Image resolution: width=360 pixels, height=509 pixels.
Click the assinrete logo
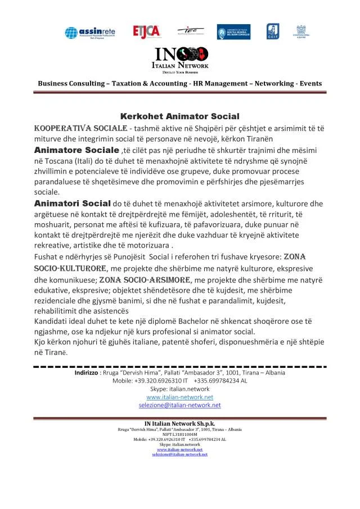[89, 31]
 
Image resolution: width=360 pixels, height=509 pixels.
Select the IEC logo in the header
[187, 30]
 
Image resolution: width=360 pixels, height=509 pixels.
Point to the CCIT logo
[272, 31]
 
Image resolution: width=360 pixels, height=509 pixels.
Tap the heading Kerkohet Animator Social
[180, 116]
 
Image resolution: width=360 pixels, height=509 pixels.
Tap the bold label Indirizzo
[86, 372]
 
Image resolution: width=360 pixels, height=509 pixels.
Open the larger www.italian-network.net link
[179, 397]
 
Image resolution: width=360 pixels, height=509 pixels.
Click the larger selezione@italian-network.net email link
[179, 405]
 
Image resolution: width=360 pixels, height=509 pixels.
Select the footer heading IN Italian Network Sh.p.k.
[179, 424]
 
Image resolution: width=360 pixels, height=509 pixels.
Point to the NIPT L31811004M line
[179, 434]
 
